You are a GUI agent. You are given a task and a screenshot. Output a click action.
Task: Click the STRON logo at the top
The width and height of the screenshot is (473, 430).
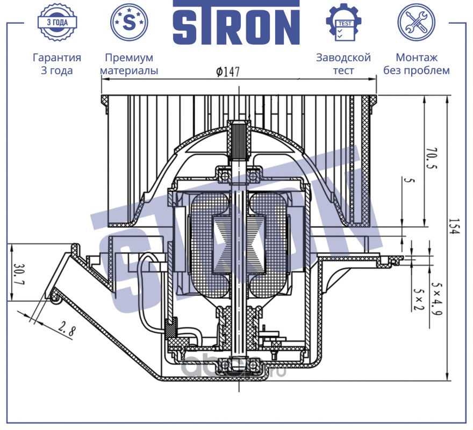236,24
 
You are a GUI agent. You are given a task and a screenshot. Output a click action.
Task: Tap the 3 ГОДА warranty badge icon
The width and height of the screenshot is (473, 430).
57,23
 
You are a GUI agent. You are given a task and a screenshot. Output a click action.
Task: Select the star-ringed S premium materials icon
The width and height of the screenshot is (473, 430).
129,22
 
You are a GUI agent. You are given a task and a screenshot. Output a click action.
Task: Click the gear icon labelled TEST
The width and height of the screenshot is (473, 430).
343,22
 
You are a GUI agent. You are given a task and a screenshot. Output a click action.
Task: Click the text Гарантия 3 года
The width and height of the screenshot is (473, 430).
57,64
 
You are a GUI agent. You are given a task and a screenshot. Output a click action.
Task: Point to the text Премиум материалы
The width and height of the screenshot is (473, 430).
129,64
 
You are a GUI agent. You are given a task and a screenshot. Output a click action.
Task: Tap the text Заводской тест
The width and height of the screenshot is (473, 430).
343,64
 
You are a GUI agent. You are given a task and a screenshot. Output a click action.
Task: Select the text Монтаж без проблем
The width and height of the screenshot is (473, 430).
417,64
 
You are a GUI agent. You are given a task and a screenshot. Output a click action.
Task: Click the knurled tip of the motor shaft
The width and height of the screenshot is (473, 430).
238,138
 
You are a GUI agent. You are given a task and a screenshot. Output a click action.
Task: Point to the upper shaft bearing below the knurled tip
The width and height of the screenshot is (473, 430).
238,174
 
